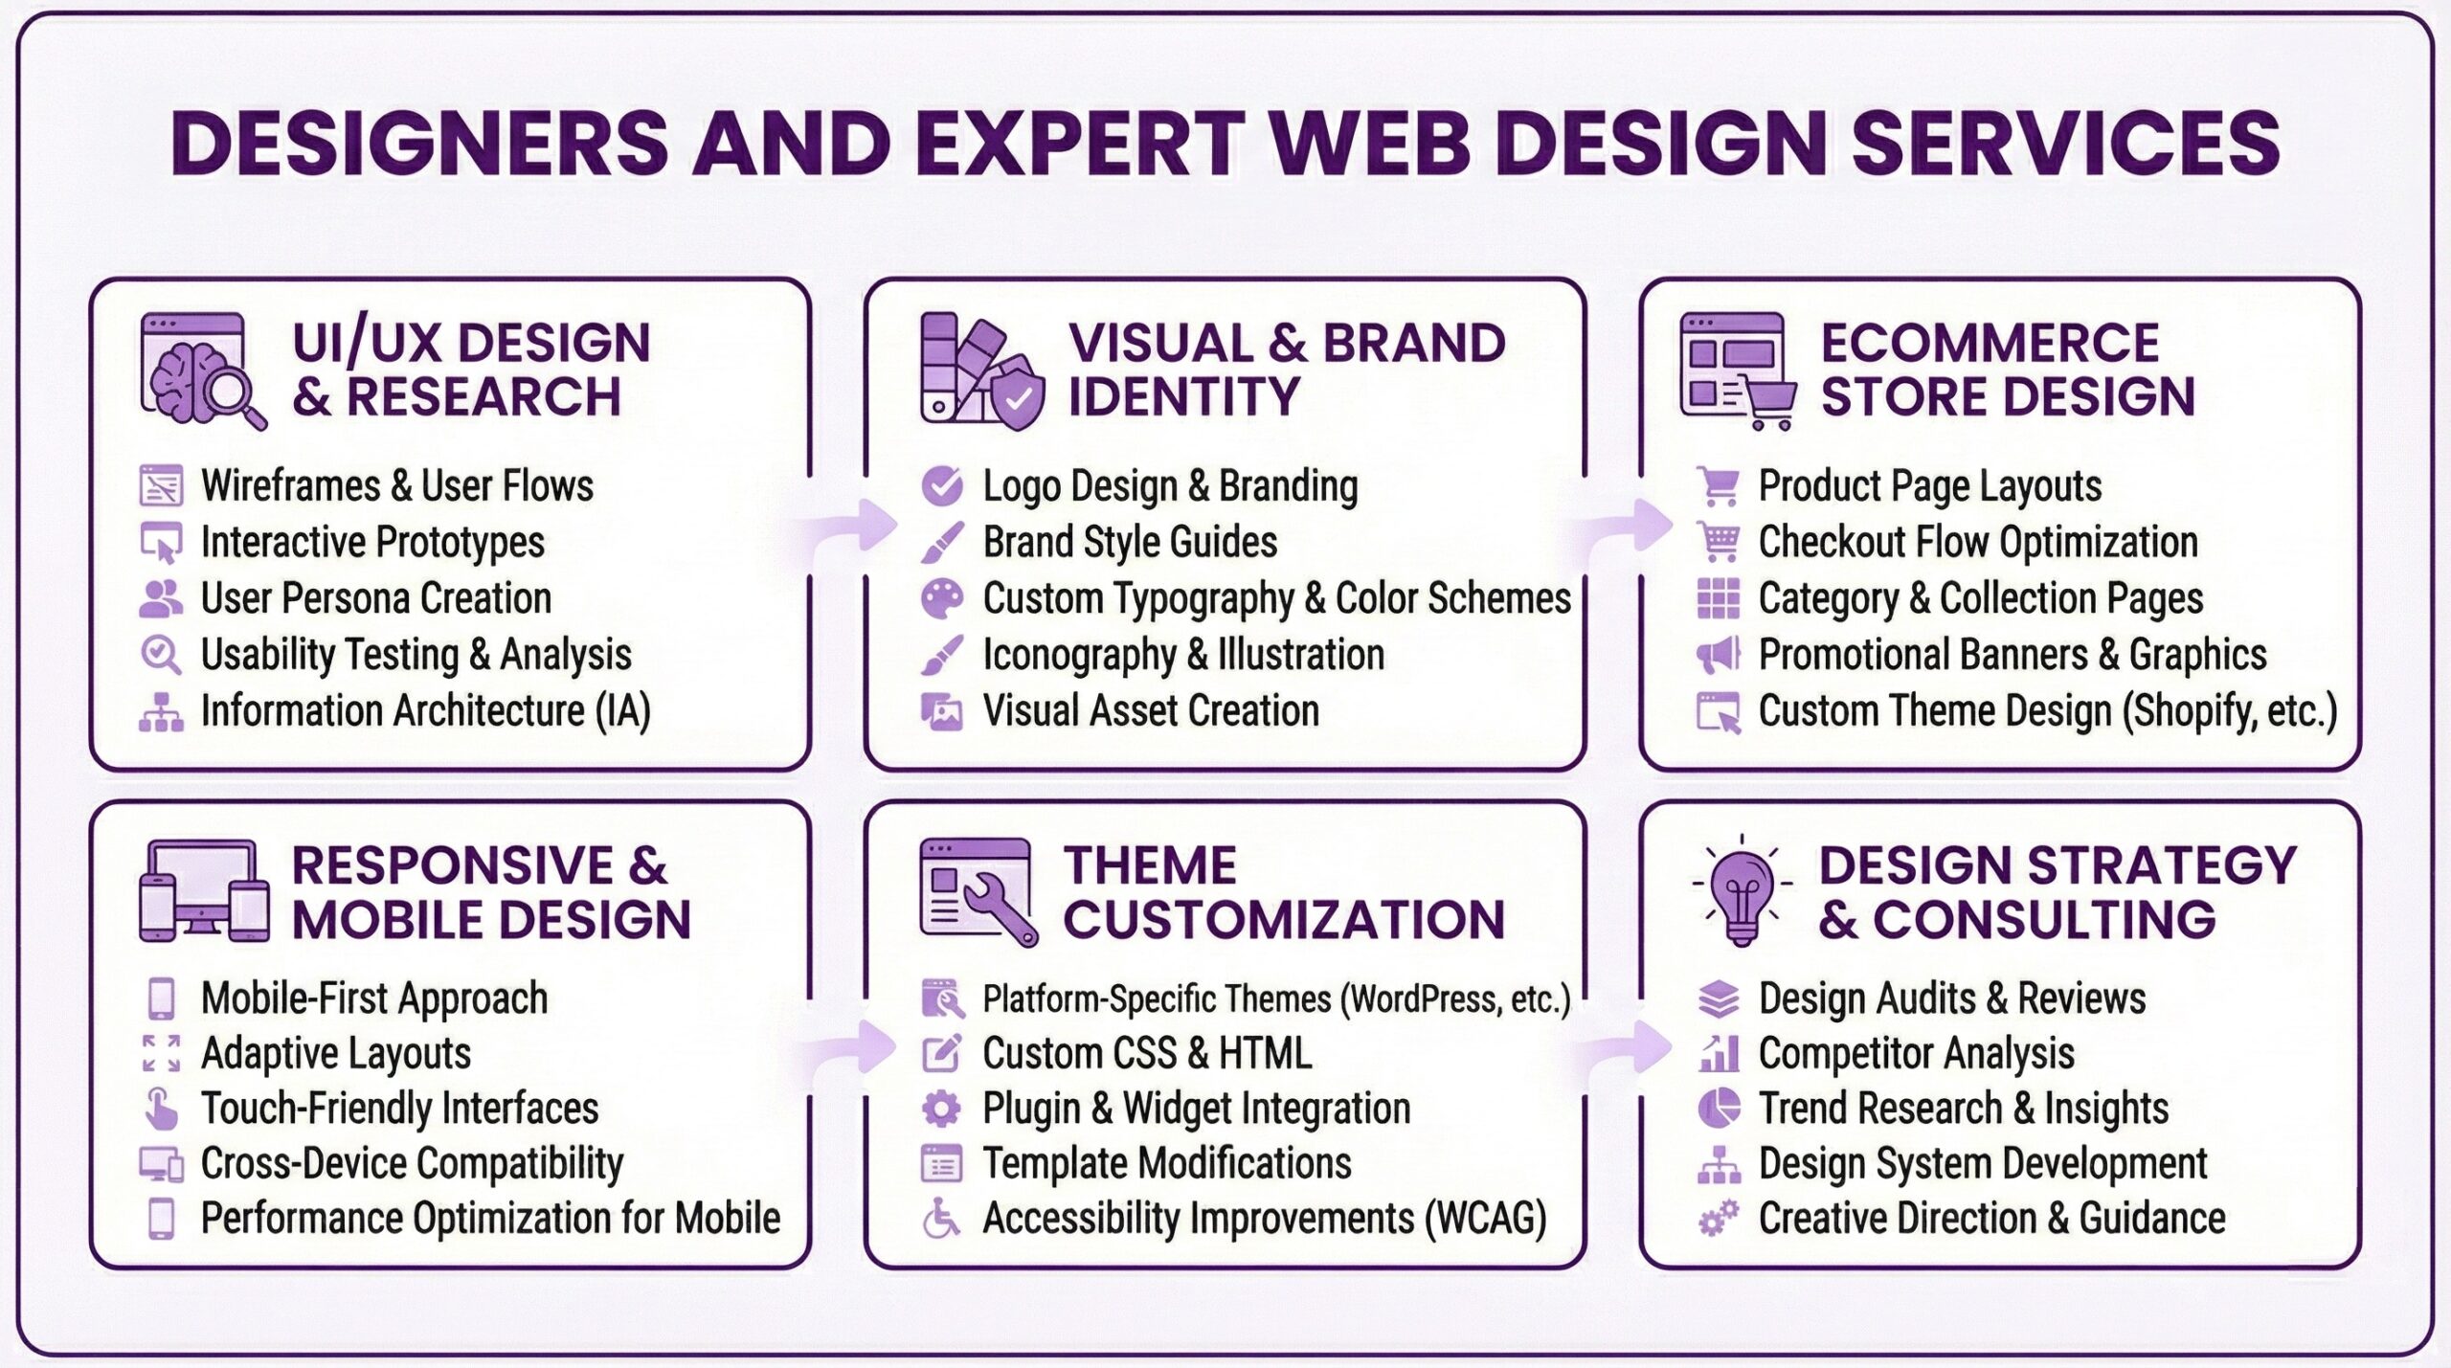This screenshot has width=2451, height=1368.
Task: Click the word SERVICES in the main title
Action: point(2065,143)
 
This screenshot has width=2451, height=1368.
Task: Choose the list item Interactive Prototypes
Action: point(372,543)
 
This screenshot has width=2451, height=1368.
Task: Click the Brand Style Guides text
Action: point(1130,543)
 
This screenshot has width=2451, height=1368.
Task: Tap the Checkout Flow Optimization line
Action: point(1978,543)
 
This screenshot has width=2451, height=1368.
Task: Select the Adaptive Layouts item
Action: point(336,1054)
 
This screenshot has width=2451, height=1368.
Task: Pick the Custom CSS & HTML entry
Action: point(1147,1054)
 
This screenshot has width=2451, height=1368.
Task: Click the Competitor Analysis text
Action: point(1917,1054)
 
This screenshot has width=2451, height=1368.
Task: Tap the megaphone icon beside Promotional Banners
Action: point(1719,655)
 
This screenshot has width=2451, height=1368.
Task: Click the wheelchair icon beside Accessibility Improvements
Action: point(941,1219)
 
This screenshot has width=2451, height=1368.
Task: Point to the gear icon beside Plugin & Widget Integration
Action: point(941,1109)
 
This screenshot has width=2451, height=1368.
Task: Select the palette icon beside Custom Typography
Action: point(942,598)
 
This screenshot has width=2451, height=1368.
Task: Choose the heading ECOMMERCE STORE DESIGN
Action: point(2008,370)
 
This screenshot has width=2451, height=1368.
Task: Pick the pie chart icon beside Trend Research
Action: point(1719,1109)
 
